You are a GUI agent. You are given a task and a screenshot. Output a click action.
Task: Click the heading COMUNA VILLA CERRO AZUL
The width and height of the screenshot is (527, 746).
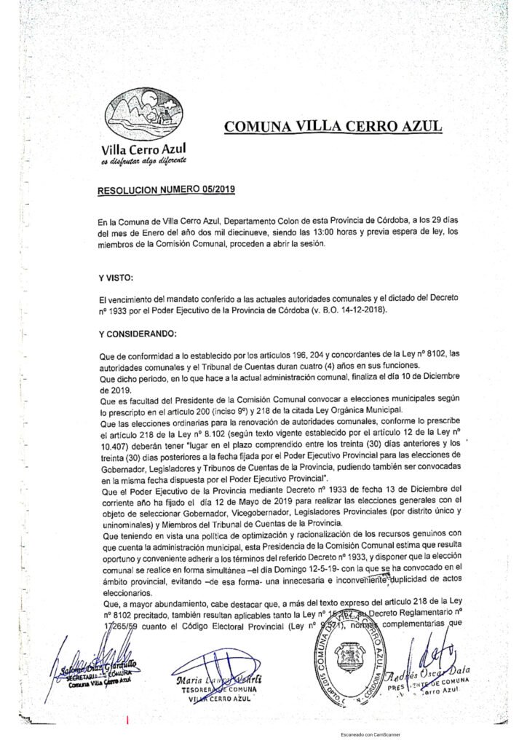(x=333, y=125)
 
